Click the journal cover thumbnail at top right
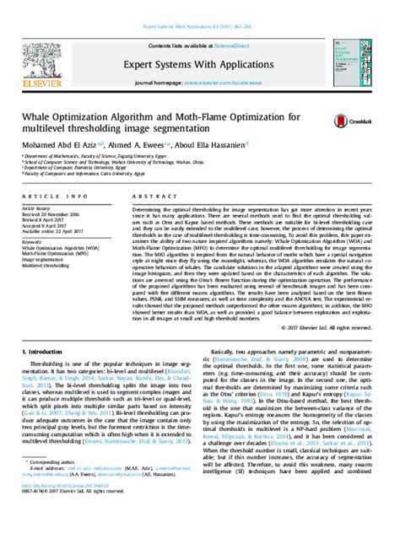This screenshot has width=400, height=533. pos(353,63)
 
